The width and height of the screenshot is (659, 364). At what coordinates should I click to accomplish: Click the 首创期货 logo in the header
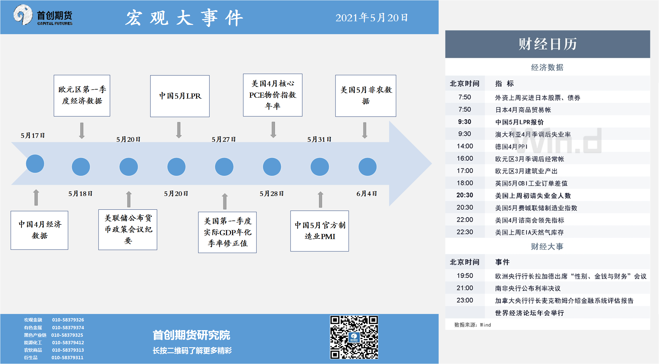[x=43, y=15]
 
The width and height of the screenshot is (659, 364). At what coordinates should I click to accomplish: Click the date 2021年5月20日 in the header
[x=371, y=18]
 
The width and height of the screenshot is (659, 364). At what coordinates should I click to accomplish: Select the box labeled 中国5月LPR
[x=180, y=96]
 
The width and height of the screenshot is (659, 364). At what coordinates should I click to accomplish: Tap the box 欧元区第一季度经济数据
[x=82, y=96]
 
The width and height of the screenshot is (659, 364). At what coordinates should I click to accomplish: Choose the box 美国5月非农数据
[x=365, y=96]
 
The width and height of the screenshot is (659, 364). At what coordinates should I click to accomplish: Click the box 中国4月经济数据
[x=39, y=230]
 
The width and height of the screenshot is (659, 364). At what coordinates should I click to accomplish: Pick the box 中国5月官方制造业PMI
[x=320, y=231]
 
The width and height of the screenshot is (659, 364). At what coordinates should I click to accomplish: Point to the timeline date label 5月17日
[x=33, y=135]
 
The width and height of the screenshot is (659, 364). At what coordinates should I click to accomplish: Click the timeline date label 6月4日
[x=366, y=194]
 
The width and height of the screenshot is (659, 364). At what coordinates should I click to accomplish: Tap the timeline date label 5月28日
[x=272, y=194]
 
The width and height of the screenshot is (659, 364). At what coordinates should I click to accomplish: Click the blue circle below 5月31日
[x=320, y=167]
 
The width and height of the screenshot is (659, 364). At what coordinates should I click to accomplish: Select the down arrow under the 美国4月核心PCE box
[x=273, y=130]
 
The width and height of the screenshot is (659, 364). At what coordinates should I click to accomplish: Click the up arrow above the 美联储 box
[x=129, y=199]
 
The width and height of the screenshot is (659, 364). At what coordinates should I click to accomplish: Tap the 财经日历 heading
[x=547, y=44]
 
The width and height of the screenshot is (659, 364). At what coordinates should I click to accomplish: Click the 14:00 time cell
[x=465, y=146]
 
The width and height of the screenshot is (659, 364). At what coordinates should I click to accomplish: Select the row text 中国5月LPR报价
[x=519, y=122]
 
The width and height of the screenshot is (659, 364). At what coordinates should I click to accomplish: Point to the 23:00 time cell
[x=465, y=300]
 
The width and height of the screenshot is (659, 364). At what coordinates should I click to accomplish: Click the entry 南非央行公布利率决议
[x=528, y=288]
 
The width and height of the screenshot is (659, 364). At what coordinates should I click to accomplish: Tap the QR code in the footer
[x=354, y=337]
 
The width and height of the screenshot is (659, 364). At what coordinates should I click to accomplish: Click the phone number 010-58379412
[x=68, y=342]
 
